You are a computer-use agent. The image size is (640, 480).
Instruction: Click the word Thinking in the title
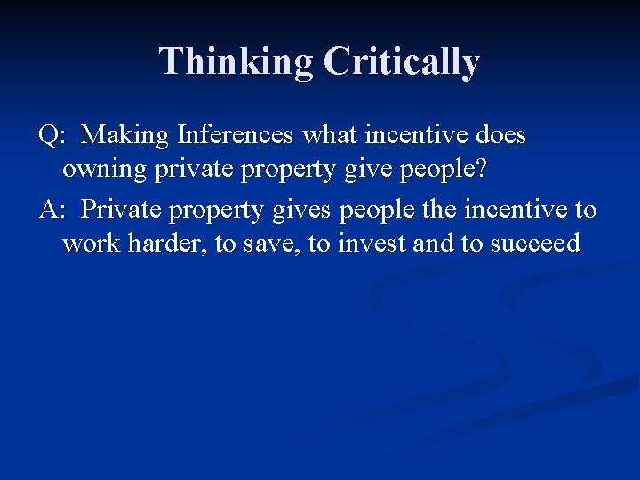click(x=236, y=62)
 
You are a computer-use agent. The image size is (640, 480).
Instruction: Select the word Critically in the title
click(x=402, y=62)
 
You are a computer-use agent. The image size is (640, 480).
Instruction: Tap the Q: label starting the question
click(x=52, y=136)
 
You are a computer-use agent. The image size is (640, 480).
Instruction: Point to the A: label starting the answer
click(x=52, y=211)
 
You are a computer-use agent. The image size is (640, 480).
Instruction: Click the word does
click(x=500, y=136)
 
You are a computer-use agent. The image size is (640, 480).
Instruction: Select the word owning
click(x=105, y=169)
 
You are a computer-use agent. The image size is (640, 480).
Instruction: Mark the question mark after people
click(x=480, y=169)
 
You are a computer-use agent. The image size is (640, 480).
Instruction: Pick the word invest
click(x=371, y=244)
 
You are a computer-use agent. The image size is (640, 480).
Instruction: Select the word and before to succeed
click(x=433, y=244)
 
